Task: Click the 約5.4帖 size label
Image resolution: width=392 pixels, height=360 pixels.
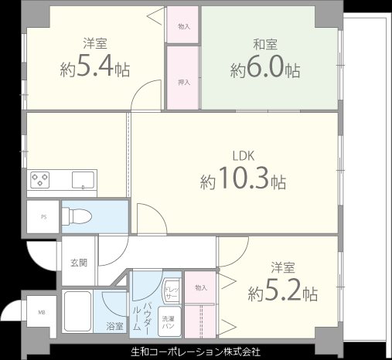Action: (x=94, y=69)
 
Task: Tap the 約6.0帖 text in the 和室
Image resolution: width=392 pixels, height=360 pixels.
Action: (x=265, y=70)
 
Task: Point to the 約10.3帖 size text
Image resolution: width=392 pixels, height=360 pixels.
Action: (x=243, y=182)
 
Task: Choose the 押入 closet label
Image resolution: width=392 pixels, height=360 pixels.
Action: (x=184, y=81)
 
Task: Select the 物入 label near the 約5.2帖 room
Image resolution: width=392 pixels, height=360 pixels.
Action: (x=201, y=287)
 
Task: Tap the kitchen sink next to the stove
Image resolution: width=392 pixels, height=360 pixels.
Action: (x=81, y=181)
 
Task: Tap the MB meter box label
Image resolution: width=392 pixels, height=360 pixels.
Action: (x=41, y=313)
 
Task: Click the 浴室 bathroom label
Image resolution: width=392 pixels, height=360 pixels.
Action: (x=114, y=327)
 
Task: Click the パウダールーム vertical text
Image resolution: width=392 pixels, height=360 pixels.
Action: (x=146, y=309)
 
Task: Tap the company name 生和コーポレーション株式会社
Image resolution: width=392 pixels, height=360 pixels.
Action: (x=196, y=352)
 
